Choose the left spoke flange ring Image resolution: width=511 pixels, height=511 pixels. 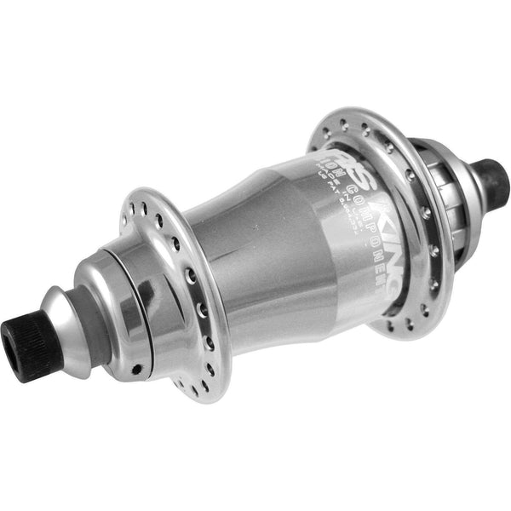click(175, 290)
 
